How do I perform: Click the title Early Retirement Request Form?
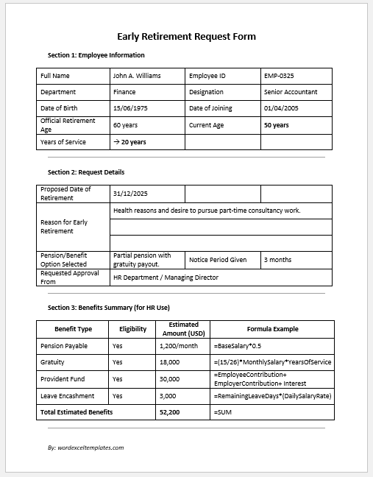click(x=187, y=36)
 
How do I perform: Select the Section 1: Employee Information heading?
click(x=96, y=55)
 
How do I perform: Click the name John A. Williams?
click(x=137, y=76)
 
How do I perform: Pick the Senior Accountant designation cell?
click(x=291, y=93)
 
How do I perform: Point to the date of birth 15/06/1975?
click(x=131, y=109)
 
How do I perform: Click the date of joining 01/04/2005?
click(x=281, y=109)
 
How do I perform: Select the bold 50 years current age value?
click(x=277, y=125)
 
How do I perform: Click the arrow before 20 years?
click(x=116, y=142)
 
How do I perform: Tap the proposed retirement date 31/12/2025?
click(x=131, y=194)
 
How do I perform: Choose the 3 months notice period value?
click(x=277, y=260)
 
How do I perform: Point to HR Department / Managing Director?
click(x=166, y=278)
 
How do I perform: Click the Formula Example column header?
click(x=272, y=329)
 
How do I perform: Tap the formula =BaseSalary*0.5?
click(x=238, y=345)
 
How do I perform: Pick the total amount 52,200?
click(x=171, y=412)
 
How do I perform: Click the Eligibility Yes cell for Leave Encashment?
click(x=118, y=396)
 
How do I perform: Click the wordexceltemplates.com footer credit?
click(x=85, y=447)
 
